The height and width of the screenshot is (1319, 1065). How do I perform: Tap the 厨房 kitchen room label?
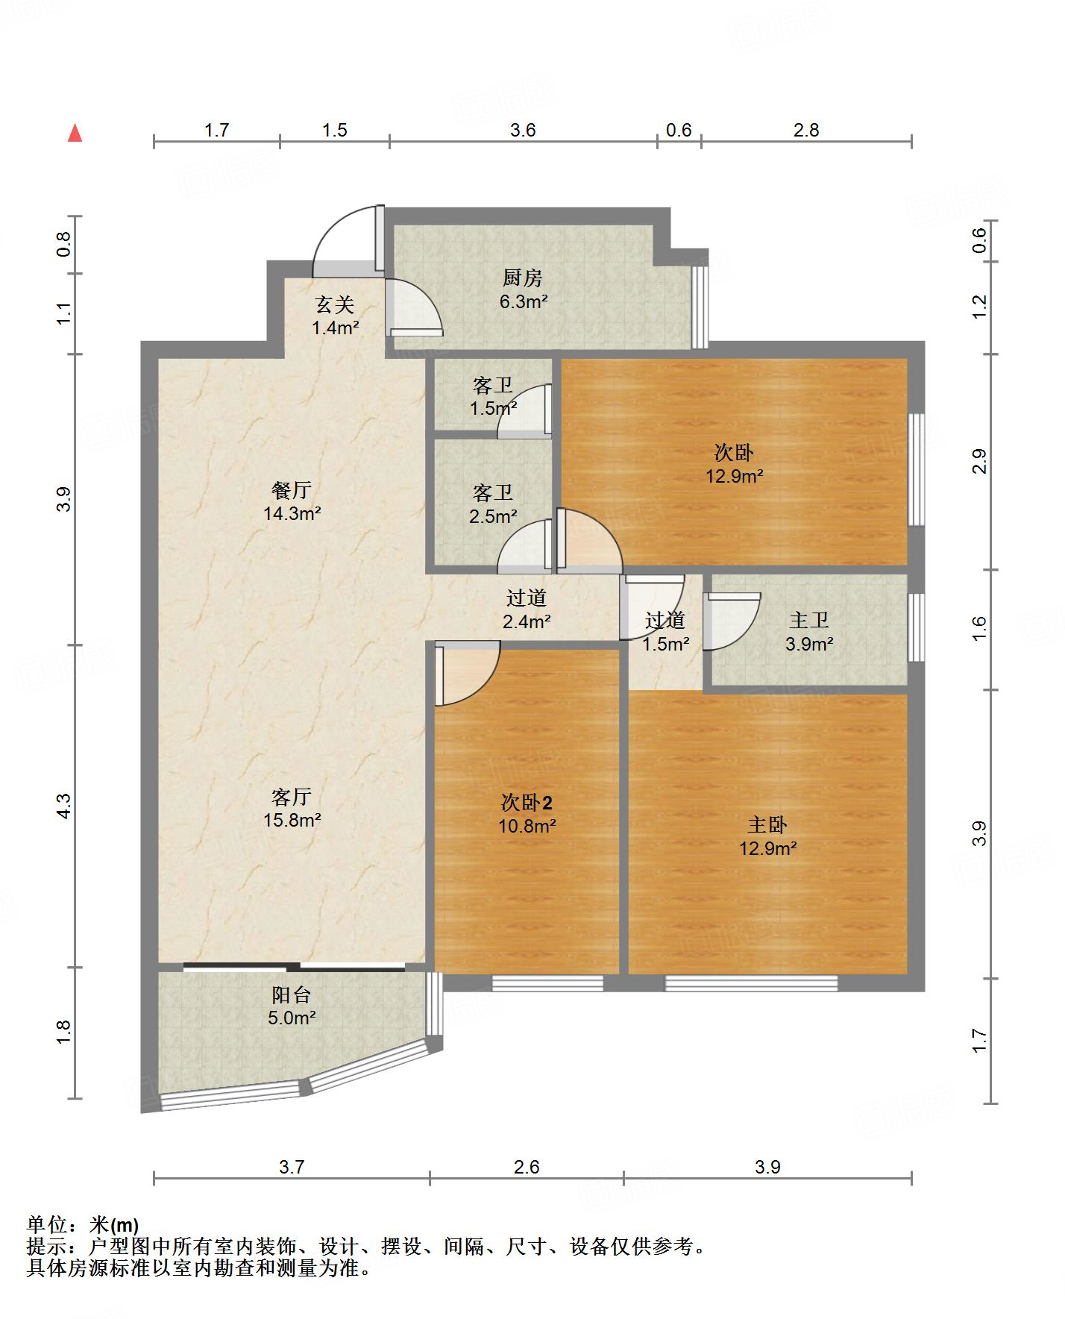pos(522,278)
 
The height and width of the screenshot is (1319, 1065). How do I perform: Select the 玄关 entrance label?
pos(333,304)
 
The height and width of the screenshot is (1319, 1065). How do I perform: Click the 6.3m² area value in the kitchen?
pos(523,301)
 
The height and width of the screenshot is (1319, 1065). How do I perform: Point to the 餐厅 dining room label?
pos(291,490)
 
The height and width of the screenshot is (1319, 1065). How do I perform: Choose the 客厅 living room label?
pos(291,797)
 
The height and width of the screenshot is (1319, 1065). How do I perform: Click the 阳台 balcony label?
pos(291,994)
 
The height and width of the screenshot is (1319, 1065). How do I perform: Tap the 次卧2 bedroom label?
pos(527,803)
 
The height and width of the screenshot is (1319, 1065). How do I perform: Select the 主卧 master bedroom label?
pos(767,824)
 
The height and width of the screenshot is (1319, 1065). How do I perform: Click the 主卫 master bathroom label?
pos(808,620)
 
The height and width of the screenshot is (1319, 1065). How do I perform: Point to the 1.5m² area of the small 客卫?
pos(493,409)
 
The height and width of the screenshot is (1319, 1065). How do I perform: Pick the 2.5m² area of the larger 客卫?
pos(493,516)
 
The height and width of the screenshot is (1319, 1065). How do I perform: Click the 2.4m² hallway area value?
pos(526,621)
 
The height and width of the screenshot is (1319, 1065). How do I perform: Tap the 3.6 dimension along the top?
pos(523,130)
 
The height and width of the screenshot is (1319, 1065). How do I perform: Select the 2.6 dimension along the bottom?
pos(527,1167)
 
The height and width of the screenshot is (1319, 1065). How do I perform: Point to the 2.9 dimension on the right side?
pos(980,460)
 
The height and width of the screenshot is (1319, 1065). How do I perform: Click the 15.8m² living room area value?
pos(292,820)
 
